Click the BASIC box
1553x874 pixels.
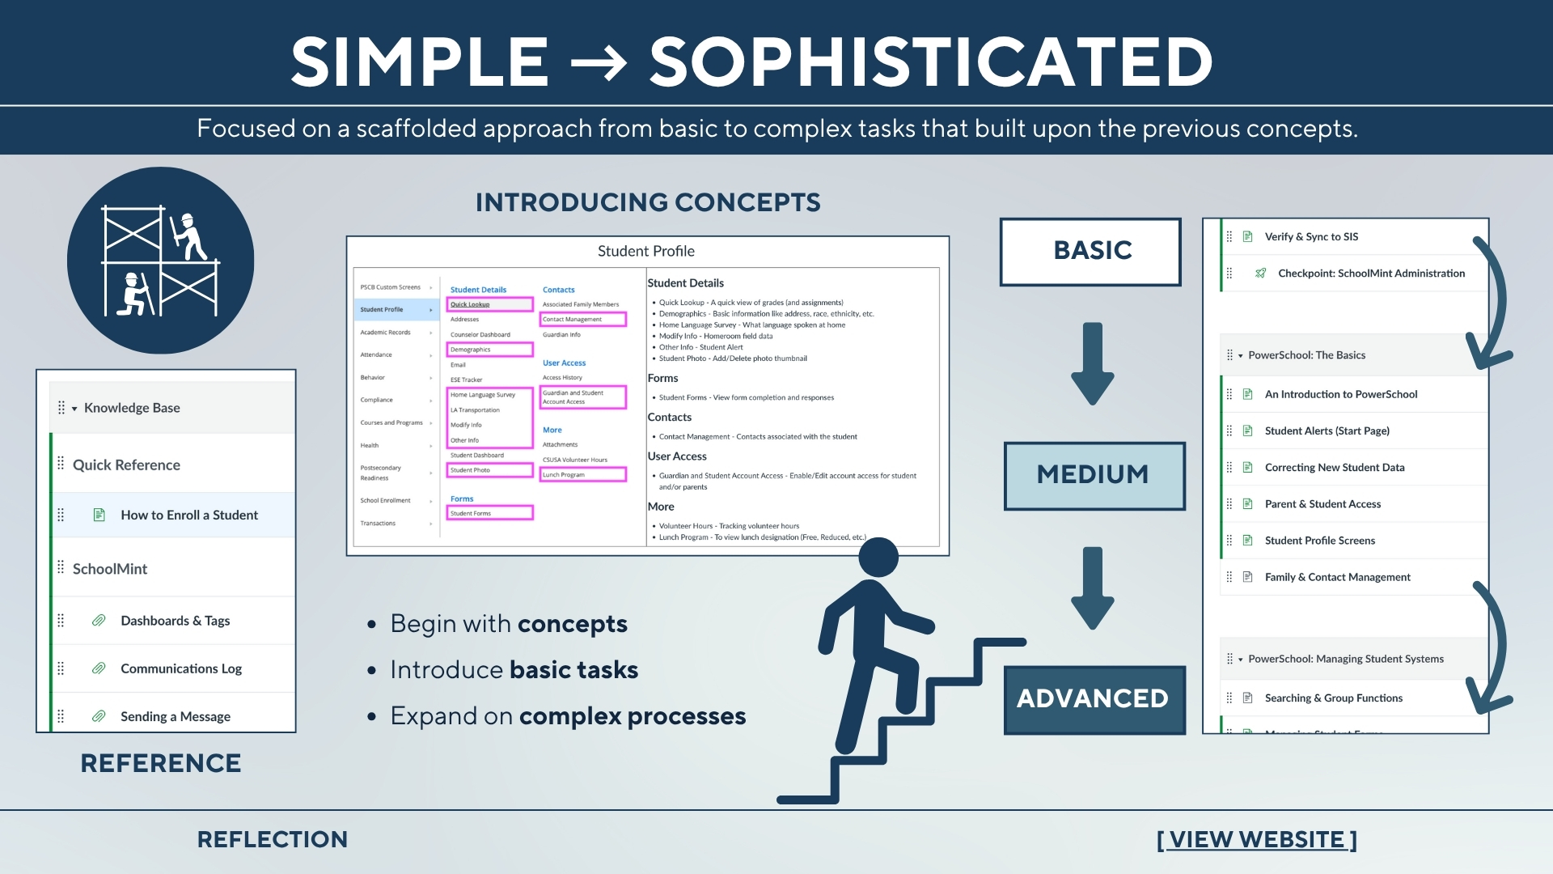tap(1091, 251)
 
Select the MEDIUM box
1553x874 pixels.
tap(1094, 475)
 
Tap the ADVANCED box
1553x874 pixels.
tap(1094, 699)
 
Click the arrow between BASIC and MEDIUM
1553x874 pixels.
tap(1093, 363)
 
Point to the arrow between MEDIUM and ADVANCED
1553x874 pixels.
tap(1093, 588)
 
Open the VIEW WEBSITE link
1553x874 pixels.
tap(1256, 840)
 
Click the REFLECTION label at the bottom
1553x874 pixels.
tap(273, 840)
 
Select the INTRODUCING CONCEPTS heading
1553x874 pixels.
tap(648, 202)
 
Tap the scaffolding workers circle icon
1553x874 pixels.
tap(161, 261)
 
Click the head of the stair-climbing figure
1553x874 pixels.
tap(878, 558)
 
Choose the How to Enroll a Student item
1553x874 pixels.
tap(189, 515)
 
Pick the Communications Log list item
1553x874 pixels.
tap(181, 669)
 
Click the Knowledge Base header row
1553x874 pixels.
tap(132, 408)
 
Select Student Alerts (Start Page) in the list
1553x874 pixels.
tap(1327, 431)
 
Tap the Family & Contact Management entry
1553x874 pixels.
tap(1337, 578)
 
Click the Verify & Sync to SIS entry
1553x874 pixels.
tap(1311, 237)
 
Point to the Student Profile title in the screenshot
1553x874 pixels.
tap(645, 252)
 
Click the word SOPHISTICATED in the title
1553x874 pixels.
tap(930, 62)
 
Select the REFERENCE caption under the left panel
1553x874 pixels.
tap(161, 763)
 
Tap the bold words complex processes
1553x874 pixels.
tap(633, 717)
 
